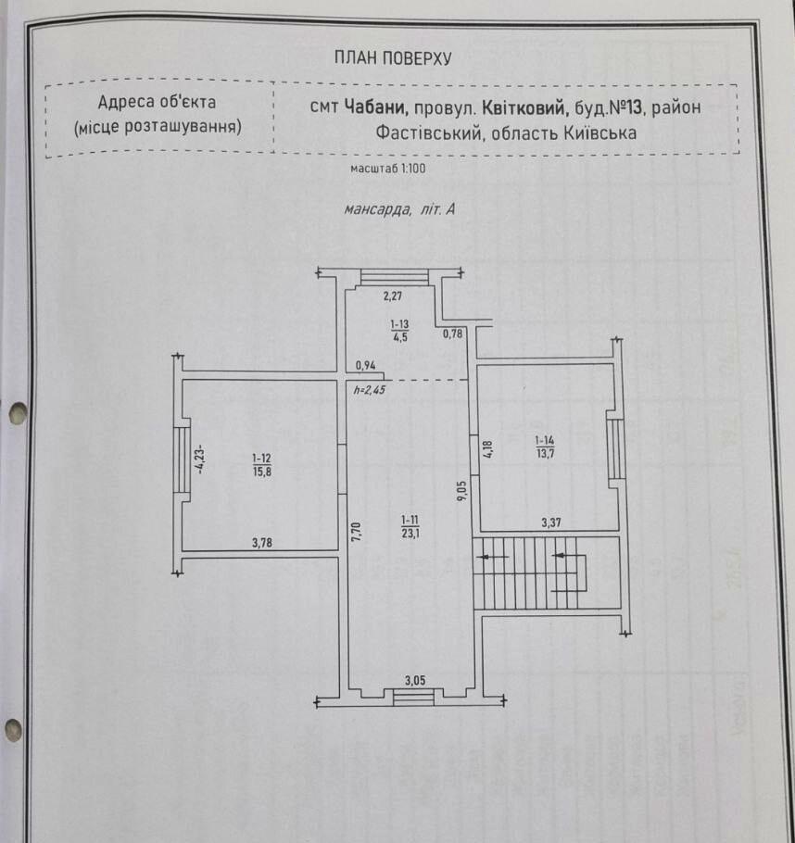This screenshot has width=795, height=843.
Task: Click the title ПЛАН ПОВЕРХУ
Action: coord(393,57)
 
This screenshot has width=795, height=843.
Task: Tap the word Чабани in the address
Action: coord(376,107)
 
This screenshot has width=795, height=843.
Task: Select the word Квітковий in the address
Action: coord(526,107)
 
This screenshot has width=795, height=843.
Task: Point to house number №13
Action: coord(625,107)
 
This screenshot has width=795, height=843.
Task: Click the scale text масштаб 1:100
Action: coord(388,169)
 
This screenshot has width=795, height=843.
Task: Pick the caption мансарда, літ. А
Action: coord(399,209)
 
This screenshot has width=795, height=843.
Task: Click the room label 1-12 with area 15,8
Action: coord(262,465)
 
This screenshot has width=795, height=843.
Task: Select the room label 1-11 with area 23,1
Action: coord(410,526)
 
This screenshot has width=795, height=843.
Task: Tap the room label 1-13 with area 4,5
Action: coord(399,331)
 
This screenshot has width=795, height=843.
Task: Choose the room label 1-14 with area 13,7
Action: coord(545,447)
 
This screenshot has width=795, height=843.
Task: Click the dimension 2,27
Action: coord(393,296)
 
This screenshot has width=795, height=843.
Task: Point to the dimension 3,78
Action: coord(262,543)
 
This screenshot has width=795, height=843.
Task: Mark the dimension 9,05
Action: coord(462,491)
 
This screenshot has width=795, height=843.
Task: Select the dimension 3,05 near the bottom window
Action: coord(415,681)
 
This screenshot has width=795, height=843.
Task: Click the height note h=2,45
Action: coord(370,390)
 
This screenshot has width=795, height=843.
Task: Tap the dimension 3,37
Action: coord(551,522)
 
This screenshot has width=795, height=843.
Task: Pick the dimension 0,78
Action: coord(453,333)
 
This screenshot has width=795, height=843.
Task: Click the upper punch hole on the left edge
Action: coord(18,413)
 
